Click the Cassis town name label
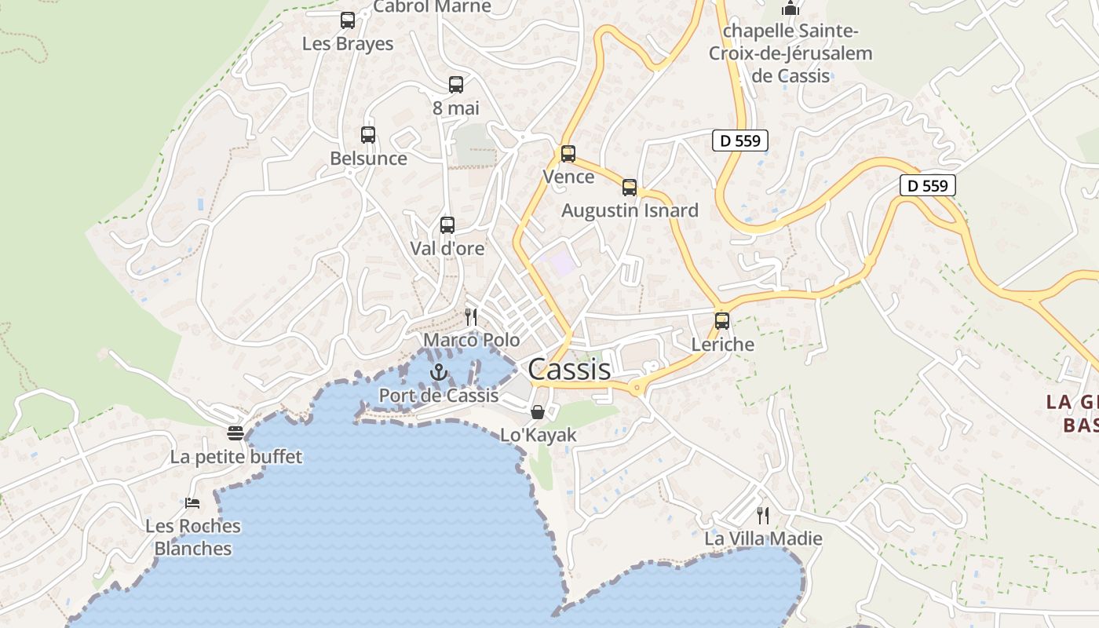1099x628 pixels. click(x=569, y=369)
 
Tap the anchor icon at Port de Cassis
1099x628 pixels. click(x=439, y=372)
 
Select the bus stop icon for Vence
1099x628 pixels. click(x=568, y=154)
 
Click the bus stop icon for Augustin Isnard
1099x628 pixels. click(x=630, y=188)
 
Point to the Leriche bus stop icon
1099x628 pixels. click(x=722, y=321)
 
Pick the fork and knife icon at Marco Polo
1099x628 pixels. click(x=471, y=317)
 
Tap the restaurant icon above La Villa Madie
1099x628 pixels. click(x=762, y=515)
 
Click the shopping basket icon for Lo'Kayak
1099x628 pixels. click(x=538, y=412)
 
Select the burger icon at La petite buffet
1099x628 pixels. click(x=235, y=433)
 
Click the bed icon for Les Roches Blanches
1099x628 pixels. click(x=192, y=502)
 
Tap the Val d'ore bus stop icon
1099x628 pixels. click(x=447, y=225)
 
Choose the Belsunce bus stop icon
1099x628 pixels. click(x=368, y=135)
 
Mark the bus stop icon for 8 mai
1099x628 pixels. click(x=456, y=85)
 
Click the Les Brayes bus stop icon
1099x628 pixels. click(x=348, y=20)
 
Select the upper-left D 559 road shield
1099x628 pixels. click(x=739, y=141)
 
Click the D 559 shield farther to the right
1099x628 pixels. click(x=927, y=186)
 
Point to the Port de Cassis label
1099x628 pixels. click(x=439, y=396)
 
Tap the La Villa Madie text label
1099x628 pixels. click(x=763, y=539)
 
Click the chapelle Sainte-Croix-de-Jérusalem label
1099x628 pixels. click(x=790, y=53)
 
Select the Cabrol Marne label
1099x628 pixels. click(x=432, y=7)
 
